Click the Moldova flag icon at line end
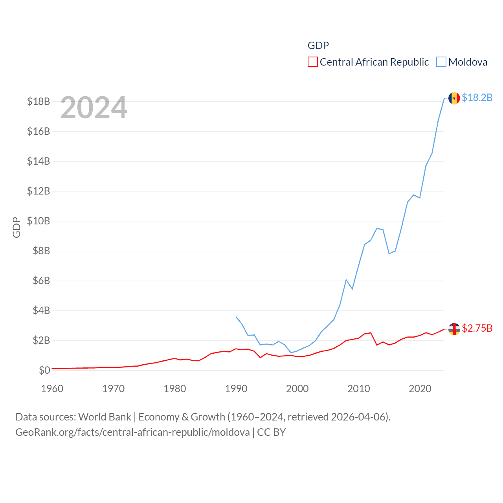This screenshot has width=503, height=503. [x=454, y=98]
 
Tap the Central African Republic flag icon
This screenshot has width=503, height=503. [x=454, y=329]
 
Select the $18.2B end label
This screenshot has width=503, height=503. [x=477, y=97]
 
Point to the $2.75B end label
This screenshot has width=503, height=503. [x=477, y=328]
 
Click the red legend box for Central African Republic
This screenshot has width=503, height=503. [x=312, y=62]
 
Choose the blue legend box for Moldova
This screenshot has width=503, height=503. [x=441, y=62]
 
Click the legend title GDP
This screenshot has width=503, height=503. [x=318, y=46]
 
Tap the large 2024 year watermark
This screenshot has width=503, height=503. [x=94, y=108]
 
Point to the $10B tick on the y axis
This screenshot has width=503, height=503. [x=39, y=221]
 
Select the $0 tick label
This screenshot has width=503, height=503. [x=44, y=370]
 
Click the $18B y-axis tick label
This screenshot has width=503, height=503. [x=39, y=101]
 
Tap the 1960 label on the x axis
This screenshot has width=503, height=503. [x=52, y=389]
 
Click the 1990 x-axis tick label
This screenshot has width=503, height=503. [x=236, y=389]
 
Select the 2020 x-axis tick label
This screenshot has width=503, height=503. [x=420, y=389]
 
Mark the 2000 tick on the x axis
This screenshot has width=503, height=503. [x=297, y=389]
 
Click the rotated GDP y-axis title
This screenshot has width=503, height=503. [x=17, y=227]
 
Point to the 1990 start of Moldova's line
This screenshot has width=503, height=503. [x=236, y=316]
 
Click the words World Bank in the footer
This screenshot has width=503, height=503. [x=105, y=417]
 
